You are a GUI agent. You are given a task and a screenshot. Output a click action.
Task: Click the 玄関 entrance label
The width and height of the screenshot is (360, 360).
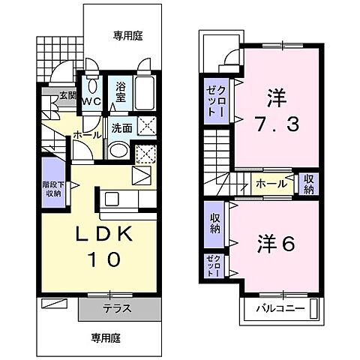(x=68, y=95)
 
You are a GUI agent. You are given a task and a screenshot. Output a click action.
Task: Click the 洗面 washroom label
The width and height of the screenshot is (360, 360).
(x=121, y=127)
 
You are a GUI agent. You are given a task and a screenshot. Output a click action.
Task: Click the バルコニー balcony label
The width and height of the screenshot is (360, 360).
(x=275, y=309)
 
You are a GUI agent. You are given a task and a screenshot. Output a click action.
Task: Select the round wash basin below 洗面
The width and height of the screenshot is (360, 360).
(x=118, y=150)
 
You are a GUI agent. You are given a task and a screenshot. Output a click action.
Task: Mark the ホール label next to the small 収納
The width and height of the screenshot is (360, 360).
(x=270, y=184)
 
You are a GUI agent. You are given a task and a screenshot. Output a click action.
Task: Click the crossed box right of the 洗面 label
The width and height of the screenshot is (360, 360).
(x=146, y=127)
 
